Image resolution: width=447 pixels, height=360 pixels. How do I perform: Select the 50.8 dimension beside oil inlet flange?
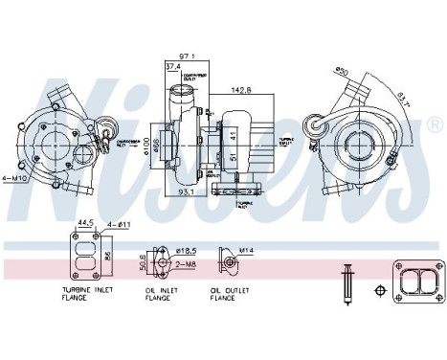pos(144,259)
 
